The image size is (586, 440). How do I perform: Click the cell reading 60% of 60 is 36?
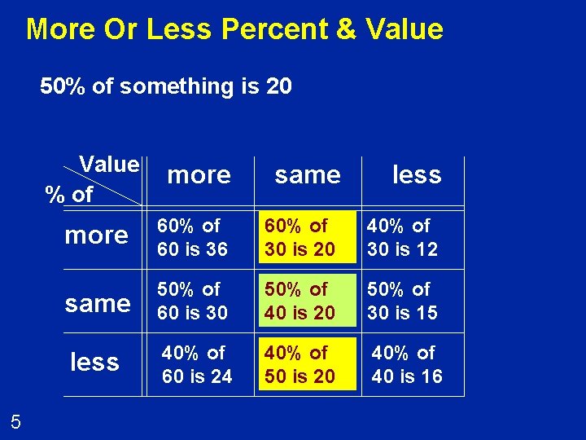pos(193,237)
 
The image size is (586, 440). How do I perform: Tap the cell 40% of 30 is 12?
pos(402,237)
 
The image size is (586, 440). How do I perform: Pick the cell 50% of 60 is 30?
pos(193,301)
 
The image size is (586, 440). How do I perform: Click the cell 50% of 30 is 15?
pos(402,301)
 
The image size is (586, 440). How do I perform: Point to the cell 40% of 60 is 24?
pos(197,364)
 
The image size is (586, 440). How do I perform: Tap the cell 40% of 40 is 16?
pos(407,364)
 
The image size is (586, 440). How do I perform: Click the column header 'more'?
pos(199,174)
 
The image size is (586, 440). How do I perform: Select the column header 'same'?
pos(308,174)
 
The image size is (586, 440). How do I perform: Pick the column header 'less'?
pos(417,174)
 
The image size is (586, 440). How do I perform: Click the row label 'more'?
pos(96,235)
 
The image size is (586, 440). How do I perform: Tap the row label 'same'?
pos(98,303)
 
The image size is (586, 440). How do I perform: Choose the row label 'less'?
pos(94,362)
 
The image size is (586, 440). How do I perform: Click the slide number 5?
pos(15,421)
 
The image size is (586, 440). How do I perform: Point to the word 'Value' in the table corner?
pos(109,165)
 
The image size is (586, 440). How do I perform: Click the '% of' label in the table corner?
pos(69,195)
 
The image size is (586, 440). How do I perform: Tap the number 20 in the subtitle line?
pos(278,86)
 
